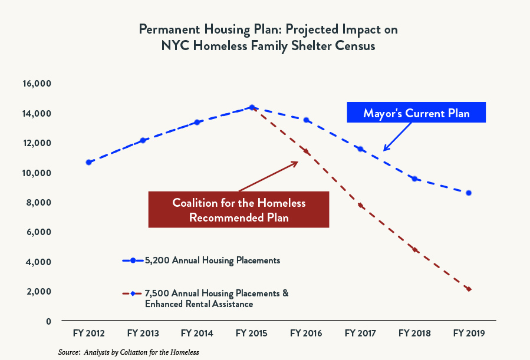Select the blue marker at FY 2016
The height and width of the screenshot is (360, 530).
(306, 120)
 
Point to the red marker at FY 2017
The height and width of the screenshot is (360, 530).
(361, 205)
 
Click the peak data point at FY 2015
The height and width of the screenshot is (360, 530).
(252, 107)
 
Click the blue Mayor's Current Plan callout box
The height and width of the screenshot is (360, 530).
(416, 113)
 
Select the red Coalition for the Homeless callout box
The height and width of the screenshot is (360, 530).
(239, 210)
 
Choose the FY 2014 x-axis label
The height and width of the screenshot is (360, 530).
(197, 333)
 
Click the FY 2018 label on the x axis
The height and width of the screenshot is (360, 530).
(414, 333)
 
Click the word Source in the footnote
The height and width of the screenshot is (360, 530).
(69, 352)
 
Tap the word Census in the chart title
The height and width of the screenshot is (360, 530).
(353, 46)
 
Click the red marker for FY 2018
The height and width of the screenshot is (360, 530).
(415, 250)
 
